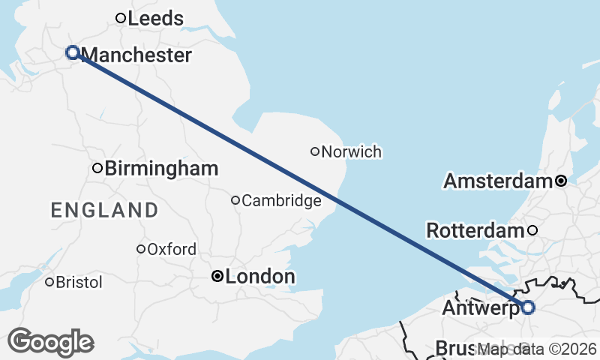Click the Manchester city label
(x=136, y=55)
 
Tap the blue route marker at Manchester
(x=73, y=52)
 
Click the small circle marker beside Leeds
(x=120, y=18)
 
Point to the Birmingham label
(x=161, y=169)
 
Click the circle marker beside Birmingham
(x=97, y=168)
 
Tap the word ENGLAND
(x=104, y=209)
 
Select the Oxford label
(x=172, y=249)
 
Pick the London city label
(x=259, y=277)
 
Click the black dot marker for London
(x=217, y=277)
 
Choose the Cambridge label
(x=281, y=200)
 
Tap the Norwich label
(x=351, y=152)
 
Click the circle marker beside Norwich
(x=315, y=151)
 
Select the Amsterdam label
(x=497, y=181)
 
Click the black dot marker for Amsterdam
(x=560, y=181)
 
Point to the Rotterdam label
(x=474, y=230)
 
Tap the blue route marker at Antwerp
(x=528, y=307)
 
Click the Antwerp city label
(x=480, y=308)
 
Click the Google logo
(x=50, y=342)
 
